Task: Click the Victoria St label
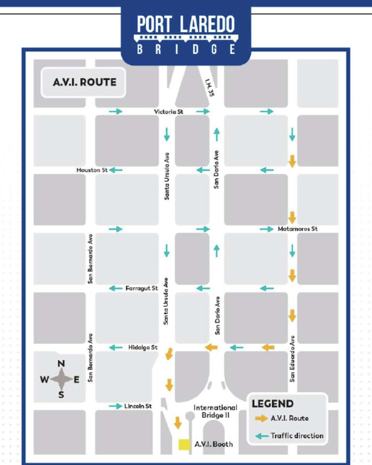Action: (169, 112)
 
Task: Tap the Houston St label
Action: (92, 170)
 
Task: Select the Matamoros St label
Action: (297, 229)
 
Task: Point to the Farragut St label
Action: (141, 288)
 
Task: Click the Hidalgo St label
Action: (143, 347)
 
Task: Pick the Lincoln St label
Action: (138, 406)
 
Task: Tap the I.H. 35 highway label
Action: (209, 89)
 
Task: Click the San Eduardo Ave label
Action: (293, 358)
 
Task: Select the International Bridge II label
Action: (216, 411)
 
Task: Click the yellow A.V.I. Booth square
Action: (184, 445)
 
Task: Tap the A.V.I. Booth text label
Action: (214, 444)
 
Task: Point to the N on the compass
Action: (62, 364)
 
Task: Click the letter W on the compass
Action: (44, 380)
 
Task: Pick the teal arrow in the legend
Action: (261, 436)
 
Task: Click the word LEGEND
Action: (272, 403)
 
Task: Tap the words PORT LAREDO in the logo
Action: (186, 24)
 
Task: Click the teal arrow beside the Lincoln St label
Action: (115, 406)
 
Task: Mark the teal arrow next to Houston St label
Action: (116, 170)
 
